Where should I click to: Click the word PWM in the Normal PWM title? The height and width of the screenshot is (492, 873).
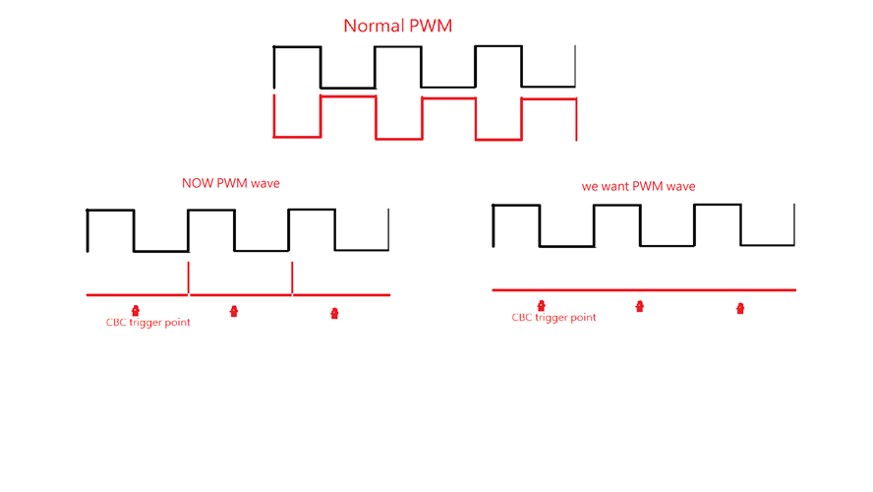(x=430, y=27)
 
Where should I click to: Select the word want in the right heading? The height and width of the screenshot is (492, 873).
(x=616, y=186)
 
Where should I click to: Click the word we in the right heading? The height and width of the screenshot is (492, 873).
(x=590, y=186)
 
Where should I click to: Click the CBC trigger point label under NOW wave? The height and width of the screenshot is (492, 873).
(x=147, y=323)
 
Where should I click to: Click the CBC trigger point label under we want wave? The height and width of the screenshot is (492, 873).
(x=553, y=318)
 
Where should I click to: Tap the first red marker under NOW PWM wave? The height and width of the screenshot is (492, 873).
(x=136, y=311)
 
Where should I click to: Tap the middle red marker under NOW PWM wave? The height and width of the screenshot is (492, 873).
(x=234, y=312)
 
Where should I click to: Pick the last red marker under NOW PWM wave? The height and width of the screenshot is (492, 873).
(x=334, y=314)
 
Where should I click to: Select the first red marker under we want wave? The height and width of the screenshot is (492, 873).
(x=541, y=306)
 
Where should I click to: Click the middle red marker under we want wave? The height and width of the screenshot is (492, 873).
(x=640, y=307)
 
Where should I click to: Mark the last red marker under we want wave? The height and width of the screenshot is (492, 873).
(x=740, y=309)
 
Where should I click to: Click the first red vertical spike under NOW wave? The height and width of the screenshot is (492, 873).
(x=188, y=277)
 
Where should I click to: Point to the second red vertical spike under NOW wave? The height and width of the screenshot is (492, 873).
(x=292, y=277)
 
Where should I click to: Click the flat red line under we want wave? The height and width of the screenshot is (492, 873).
(x=688, y=290)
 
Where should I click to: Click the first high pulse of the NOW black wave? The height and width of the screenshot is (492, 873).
(x=110, y=211)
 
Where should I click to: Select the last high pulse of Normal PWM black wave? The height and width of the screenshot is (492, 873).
(x=497, y=46)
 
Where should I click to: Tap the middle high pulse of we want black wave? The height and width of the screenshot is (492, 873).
(x=616, y=206)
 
